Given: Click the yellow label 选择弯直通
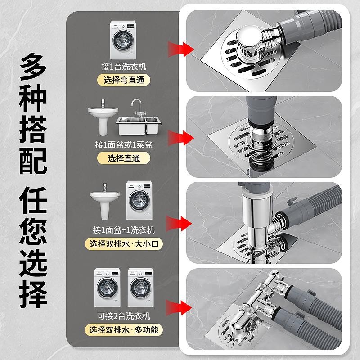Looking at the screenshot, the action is [123, 81].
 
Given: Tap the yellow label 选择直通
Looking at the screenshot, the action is [124, 158].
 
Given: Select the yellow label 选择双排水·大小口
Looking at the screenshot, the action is [124, 244].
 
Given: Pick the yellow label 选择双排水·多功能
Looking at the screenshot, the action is [124, 330].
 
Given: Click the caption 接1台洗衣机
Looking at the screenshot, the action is [123, 67].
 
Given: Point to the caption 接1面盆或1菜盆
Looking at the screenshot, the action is [124, 144].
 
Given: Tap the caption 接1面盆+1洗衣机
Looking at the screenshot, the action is [124, 230].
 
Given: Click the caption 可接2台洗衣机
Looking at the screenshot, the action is [124, 316].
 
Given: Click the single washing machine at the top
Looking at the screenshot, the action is [123, 40].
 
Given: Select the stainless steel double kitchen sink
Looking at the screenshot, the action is [138, 126].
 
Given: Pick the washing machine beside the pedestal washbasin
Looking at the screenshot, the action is [139, 200].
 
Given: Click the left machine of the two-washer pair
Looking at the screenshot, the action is [108, 288].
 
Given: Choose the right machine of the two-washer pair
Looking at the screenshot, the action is [140, 288].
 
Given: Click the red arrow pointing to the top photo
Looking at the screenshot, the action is [181, 49].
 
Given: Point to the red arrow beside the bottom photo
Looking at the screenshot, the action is [179, 307].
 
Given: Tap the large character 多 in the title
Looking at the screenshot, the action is [33, 67].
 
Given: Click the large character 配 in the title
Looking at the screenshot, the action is [33, 161].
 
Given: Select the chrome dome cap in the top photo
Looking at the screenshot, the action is [249, 37].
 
